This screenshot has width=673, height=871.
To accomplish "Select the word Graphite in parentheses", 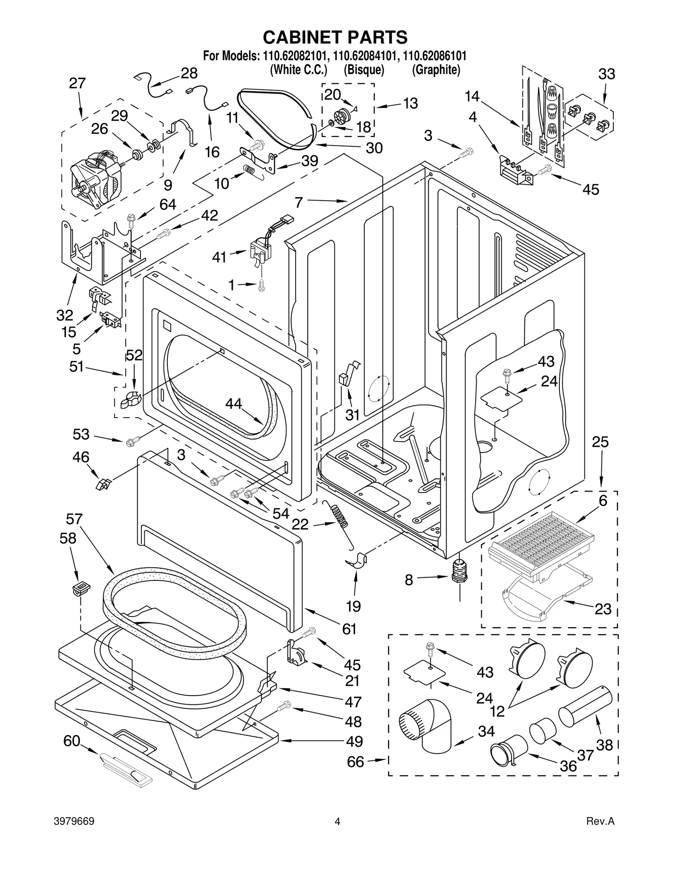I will (436, 69).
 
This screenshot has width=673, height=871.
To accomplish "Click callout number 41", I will (219, 257).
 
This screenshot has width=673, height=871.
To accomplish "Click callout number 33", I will (607, 74).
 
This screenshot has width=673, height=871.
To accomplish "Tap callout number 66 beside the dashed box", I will (355, 762).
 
